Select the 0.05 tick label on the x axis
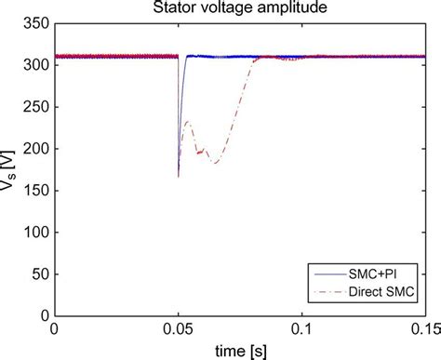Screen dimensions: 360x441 (x=177, y=329)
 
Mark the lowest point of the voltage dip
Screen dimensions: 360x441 (x=179, y=176)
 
